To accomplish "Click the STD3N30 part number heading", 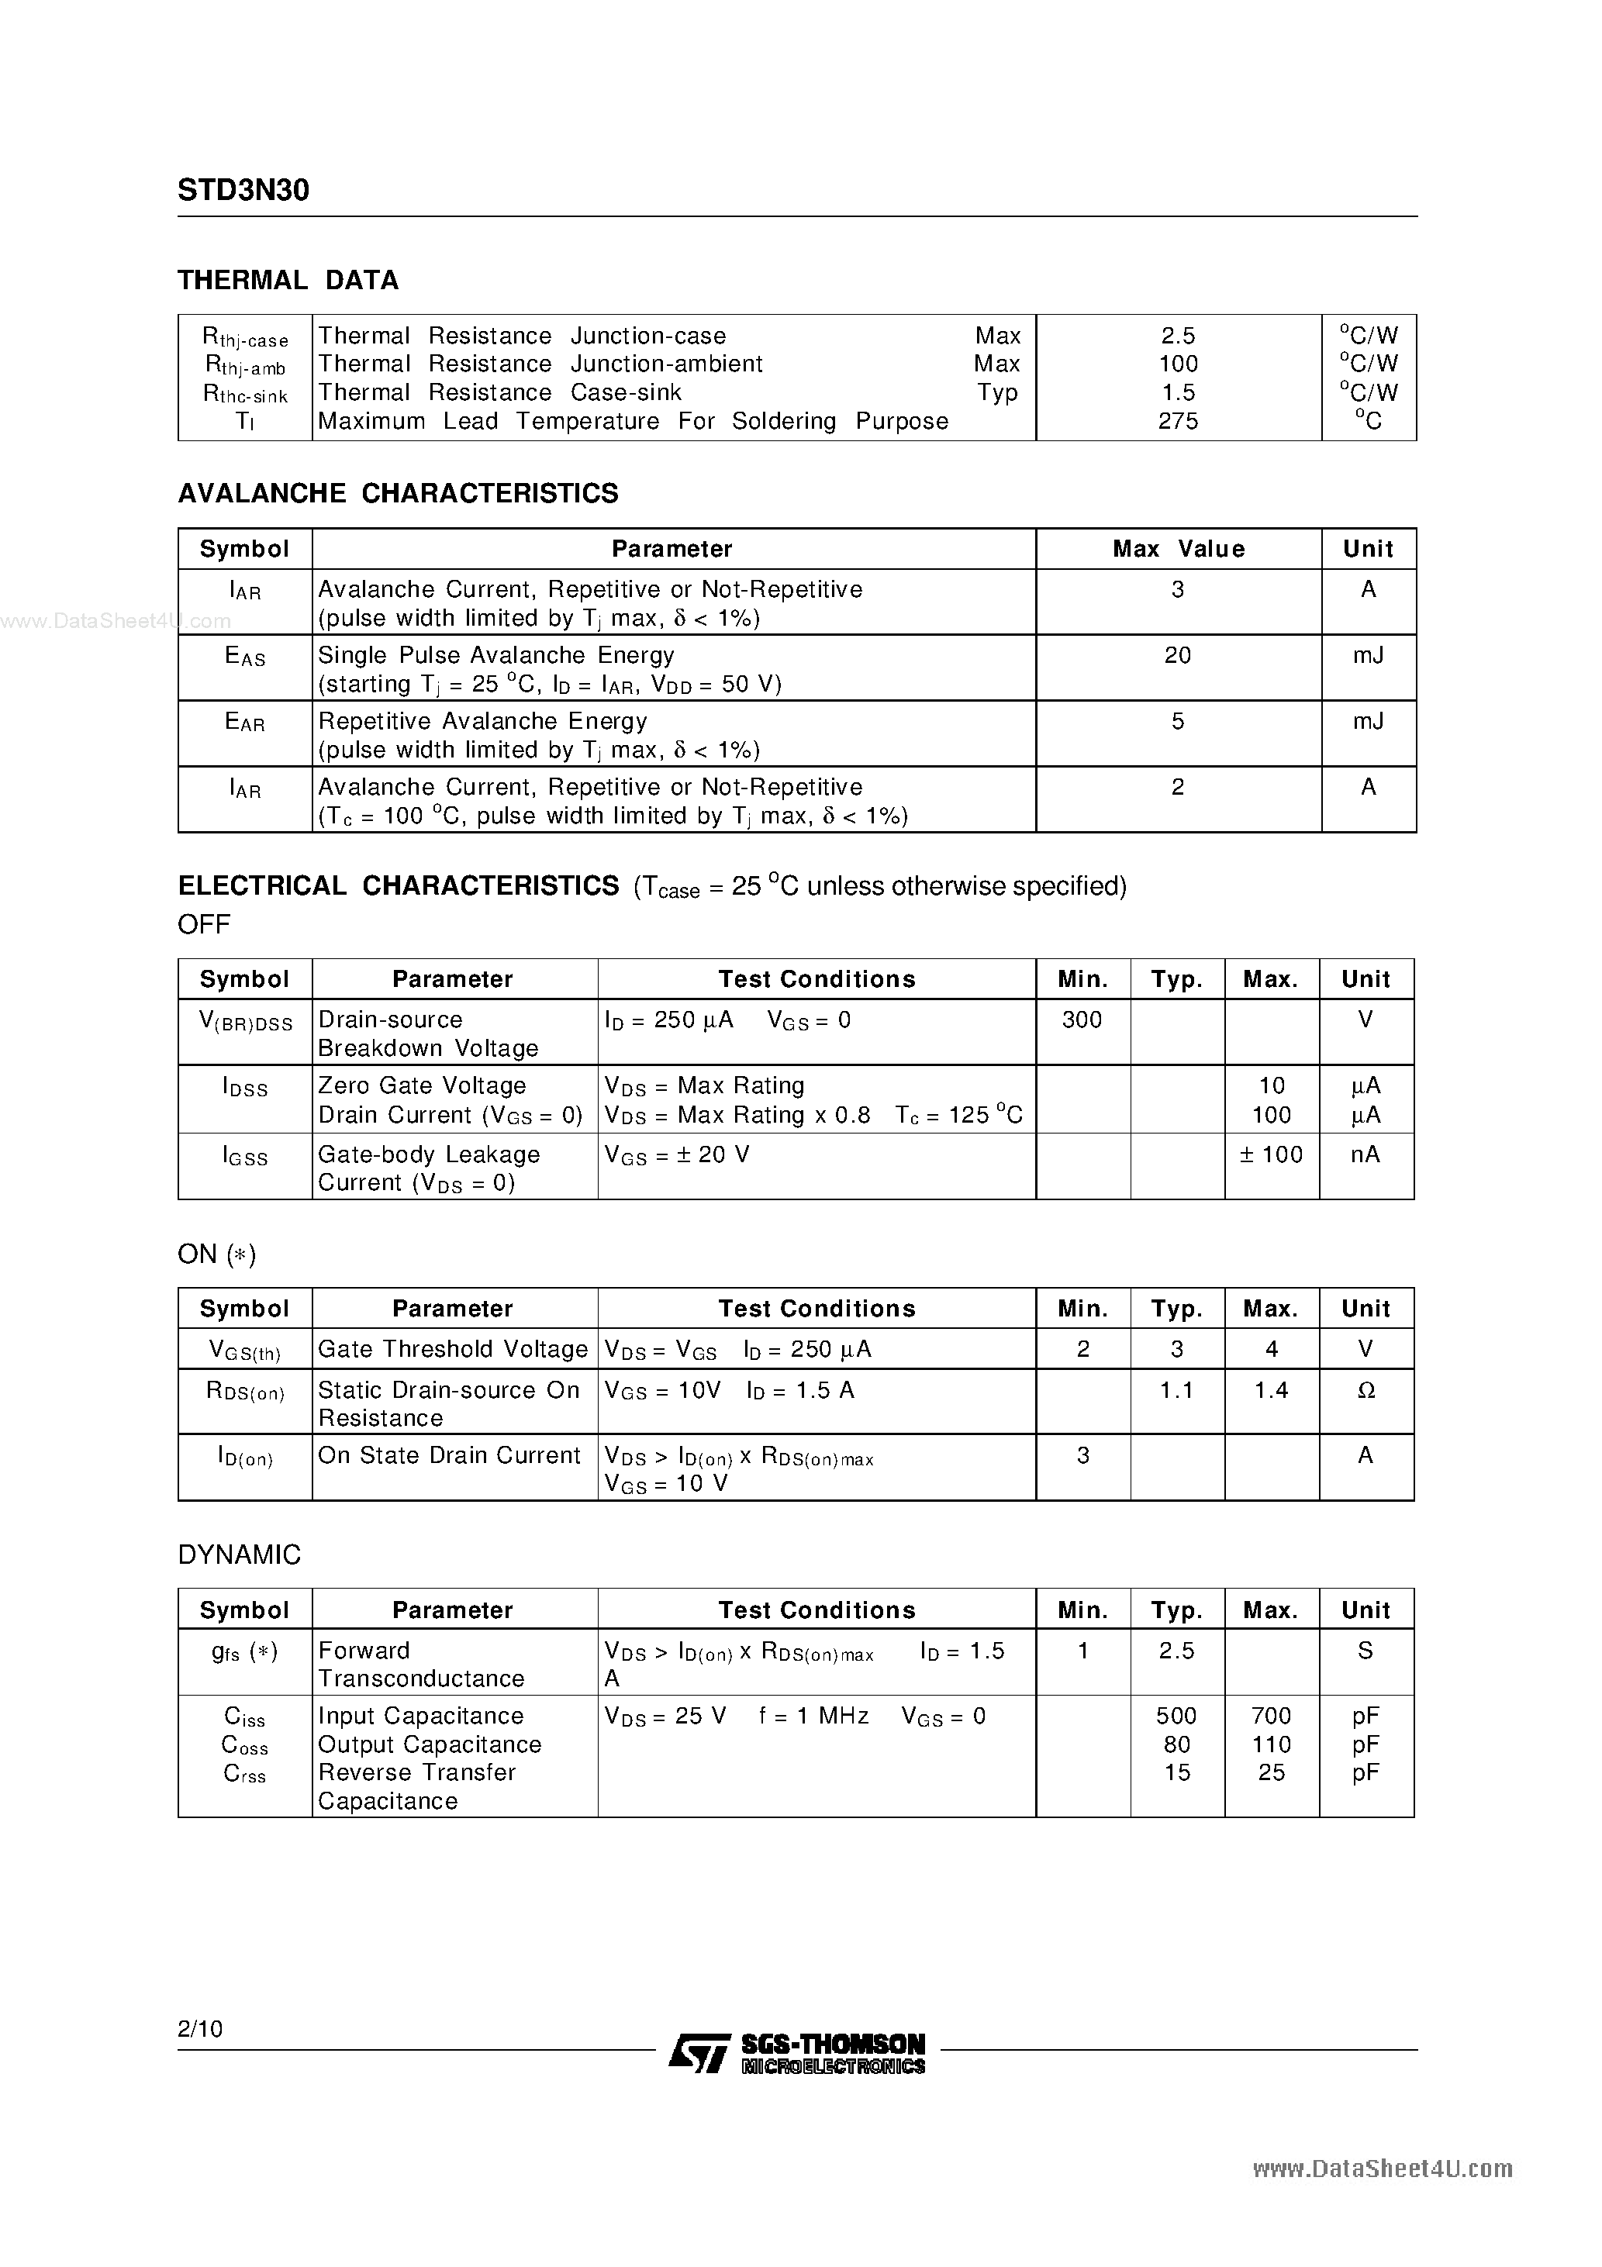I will [243, 191].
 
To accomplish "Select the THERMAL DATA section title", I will [288, 281].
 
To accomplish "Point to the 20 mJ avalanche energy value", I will [1177, 656].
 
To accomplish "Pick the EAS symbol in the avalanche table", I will [245, 657].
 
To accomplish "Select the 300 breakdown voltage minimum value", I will [1082, 1020].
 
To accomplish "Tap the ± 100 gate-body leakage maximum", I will [1270, 1154].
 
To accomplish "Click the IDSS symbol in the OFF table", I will [245, 1088].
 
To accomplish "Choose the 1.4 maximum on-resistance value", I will [1270, 1390].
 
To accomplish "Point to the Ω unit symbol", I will [1366, 1390].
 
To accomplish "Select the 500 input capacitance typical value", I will [1176, 1716].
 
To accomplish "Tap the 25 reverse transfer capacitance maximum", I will [1270, 1772].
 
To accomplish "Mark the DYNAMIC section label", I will [239, 1555].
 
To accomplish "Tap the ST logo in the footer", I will [699, 2053].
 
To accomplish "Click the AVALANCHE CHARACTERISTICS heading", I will [398, 494].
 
